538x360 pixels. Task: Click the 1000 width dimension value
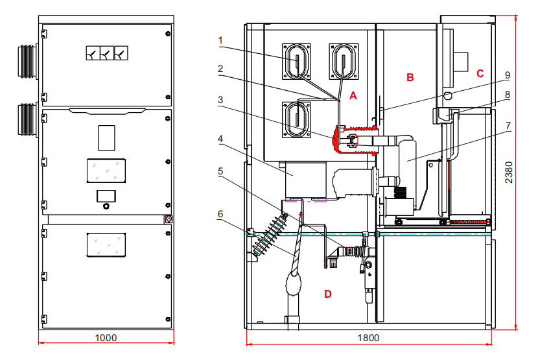(106, 338)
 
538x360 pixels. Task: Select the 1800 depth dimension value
(369, 338)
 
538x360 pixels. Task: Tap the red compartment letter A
(353, 96)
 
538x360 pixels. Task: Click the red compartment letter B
(410, 77)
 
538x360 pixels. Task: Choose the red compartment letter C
(480, 73)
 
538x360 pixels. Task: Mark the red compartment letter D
(328, 294)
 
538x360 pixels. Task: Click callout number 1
(220, 40)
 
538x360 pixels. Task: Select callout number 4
(220, 139)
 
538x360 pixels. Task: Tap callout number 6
(220, 214)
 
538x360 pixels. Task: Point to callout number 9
(508, 75)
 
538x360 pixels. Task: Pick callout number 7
(508, 126)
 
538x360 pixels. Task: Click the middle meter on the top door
(107, 53)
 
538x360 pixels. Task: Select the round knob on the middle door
(106, 206)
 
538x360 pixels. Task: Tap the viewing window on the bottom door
(106, 245)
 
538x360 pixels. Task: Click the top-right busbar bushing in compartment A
(344, 61)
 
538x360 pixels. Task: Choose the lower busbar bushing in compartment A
(296, 119)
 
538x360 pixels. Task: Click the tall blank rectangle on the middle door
(106, 138)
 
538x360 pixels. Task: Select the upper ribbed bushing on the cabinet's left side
(28, 61)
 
